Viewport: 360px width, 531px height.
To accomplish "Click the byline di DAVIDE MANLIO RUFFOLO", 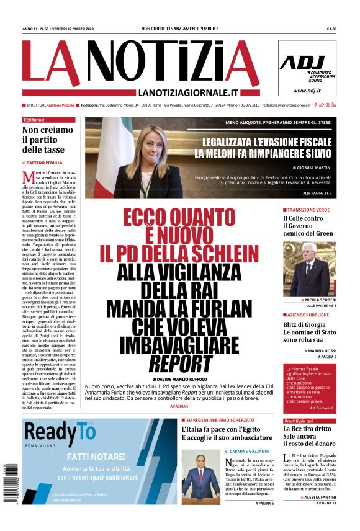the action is tap(180, 378).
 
